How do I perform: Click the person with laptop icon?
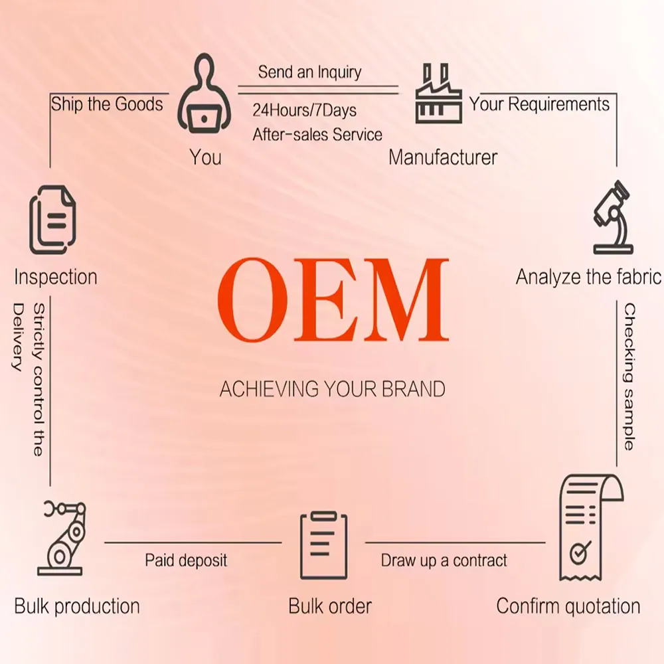[x=204, y=94]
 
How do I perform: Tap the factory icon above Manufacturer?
[x=438, y=94]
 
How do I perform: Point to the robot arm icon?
[x=61, y=538]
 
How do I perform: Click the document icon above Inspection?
[x=52, y=220]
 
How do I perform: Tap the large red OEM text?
[x=333, y=299]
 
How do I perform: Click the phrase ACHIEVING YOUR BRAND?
[x=332, y=389]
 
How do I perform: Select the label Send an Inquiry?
[x=309, y=72]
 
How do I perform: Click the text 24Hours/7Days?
[x=304, y=110]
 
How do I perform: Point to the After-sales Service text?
[x=317, y=135]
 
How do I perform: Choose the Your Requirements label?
[x=539, y=104]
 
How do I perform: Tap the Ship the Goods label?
[x=106, y=104]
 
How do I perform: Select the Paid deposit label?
[x=186, y=560]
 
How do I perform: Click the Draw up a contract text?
[x=444, y=560]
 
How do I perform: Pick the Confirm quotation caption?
[x=568, y=606]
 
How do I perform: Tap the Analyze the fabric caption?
[x=588, y=276]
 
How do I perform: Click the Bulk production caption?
[x=77, y=606]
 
